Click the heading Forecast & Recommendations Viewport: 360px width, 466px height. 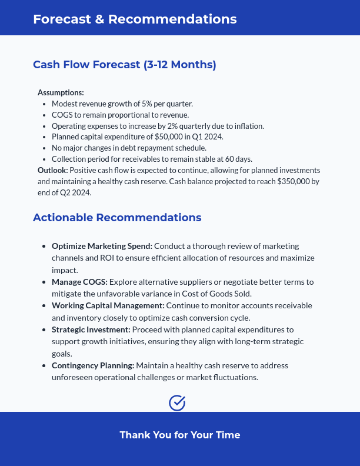135,19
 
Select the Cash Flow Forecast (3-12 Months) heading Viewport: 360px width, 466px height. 125,65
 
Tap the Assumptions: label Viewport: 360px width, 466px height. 61,92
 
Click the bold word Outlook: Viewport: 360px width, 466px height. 53,170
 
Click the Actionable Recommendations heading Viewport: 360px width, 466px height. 117,218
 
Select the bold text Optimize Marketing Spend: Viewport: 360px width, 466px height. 102,246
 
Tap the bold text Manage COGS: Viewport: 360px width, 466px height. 79,282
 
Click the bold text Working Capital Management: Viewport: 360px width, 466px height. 108,305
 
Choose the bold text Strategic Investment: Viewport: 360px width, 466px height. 91,329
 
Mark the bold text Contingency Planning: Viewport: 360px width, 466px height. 93,365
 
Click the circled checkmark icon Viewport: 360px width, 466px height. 177,402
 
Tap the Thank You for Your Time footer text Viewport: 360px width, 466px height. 180,435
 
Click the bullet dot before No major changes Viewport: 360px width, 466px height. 45,148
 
